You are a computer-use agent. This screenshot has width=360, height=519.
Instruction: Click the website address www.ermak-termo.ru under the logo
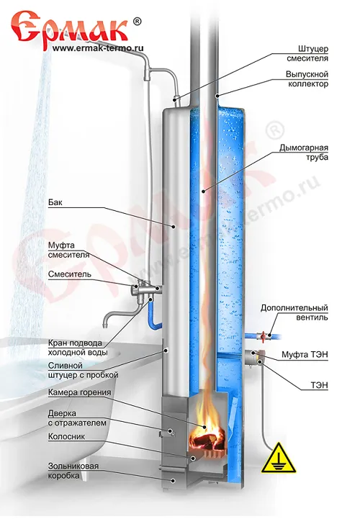98,48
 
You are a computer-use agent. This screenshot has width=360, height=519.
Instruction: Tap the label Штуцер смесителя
307,53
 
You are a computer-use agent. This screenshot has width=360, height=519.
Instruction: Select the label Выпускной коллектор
307,78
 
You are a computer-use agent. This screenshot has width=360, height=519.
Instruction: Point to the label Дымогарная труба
304,152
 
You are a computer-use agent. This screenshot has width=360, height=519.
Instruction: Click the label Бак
55,202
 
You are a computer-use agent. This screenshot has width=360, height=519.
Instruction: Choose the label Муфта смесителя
68,250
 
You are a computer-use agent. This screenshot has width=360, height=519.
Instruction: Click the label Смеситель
70,274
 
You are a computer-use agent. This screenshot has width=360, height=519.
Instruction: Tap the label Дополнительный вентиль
294,312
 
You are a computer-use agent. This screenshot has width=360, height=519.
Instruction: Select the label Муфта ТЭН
305,354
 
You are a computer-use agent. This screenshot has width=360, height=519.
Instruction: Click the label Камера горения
79,392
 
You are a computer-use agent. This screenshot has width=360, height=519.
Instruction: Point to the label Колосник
66,437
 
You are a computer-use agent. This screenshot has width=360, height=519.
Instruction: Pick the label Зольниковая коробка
73,471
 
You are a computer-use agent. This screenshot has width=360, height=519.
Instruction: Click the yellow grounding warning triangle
278,459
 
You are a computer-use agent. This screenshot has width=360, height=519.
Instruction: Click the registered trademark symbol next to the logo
137,21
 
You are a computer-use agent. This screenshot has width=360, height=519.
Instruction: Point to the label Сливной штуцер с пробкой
83,371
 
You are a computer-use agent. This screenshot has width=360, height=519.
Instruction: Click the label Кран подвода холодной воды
78,348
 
